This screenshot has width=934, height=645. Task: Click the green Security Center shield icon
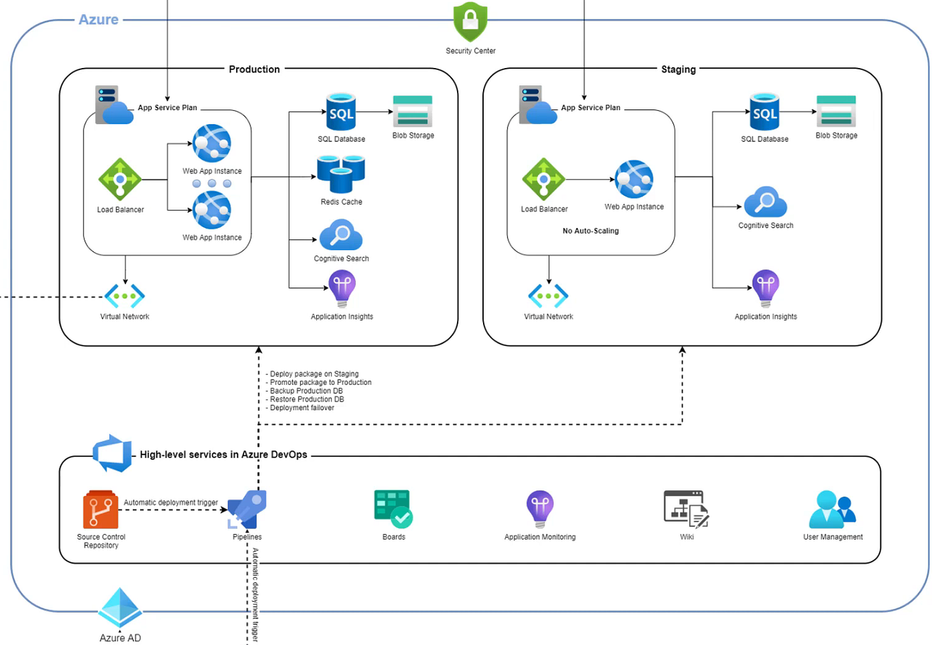coord(470,21)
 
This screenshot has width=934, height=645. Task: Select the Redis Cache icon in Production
coord(341,174)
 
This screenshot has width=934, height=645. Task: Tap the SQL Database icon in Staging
coord(765,112)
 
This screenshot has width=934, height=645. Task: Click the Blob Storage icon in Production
coord(413,111)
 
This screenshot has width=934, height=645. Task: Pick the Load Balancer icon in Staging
coord(544,179)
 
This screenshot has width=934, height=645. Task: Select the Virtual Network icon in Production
coord(125,295)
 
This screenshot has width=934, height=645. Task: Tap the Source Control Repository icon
coord(101,510)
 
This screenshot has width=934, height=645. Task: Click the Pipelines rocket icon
coord(247,510)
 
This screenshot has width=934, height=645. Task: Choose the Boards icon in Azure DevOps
coord(394,509)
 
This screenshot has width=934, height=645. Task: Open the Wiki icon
coord(686,509)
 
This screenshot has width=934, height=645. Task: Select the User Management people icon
coord(832,510)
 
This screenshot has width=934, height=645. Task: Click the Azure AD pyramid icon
coord(120,608)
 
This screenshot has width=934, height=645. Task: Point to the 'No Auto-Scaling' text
coord(590,231)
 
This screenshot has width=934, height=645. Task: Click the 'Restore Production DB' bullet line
coord(306,400)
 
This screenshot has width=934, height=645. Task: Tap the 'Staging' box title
coord(678,69)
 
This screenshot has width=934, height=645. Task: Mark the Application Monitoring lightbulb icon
coord(540,509)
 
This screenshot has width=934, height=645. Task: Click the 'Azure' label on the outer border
coord(99,20)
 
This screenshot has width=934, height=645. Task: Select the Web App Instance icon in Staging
coord(634,179)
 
